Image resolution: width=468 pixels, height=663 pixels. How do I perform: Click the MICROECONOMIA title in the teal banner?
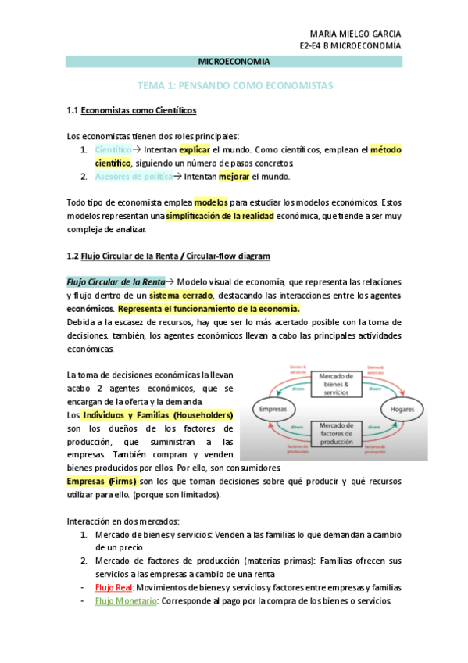click(x=233, y=61)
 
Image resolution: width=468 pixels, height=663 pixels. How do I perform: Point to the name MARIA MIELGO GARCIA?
click(x=355, y=34)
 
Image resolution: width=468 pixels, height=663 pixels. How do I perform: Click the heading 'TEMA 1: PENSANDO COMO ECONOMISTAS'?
click(x=234, y=84)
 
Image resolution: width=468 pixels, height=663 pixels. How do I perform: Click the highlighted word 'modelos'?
click(x=211, y=202)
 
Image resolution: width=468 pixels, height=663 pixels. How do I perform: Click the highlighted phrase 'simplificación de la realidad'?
click(x=220, y=216)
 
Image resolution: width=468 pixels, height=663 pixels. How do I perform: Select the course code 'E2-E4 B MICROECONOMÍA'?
click(x=351, y=46)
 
